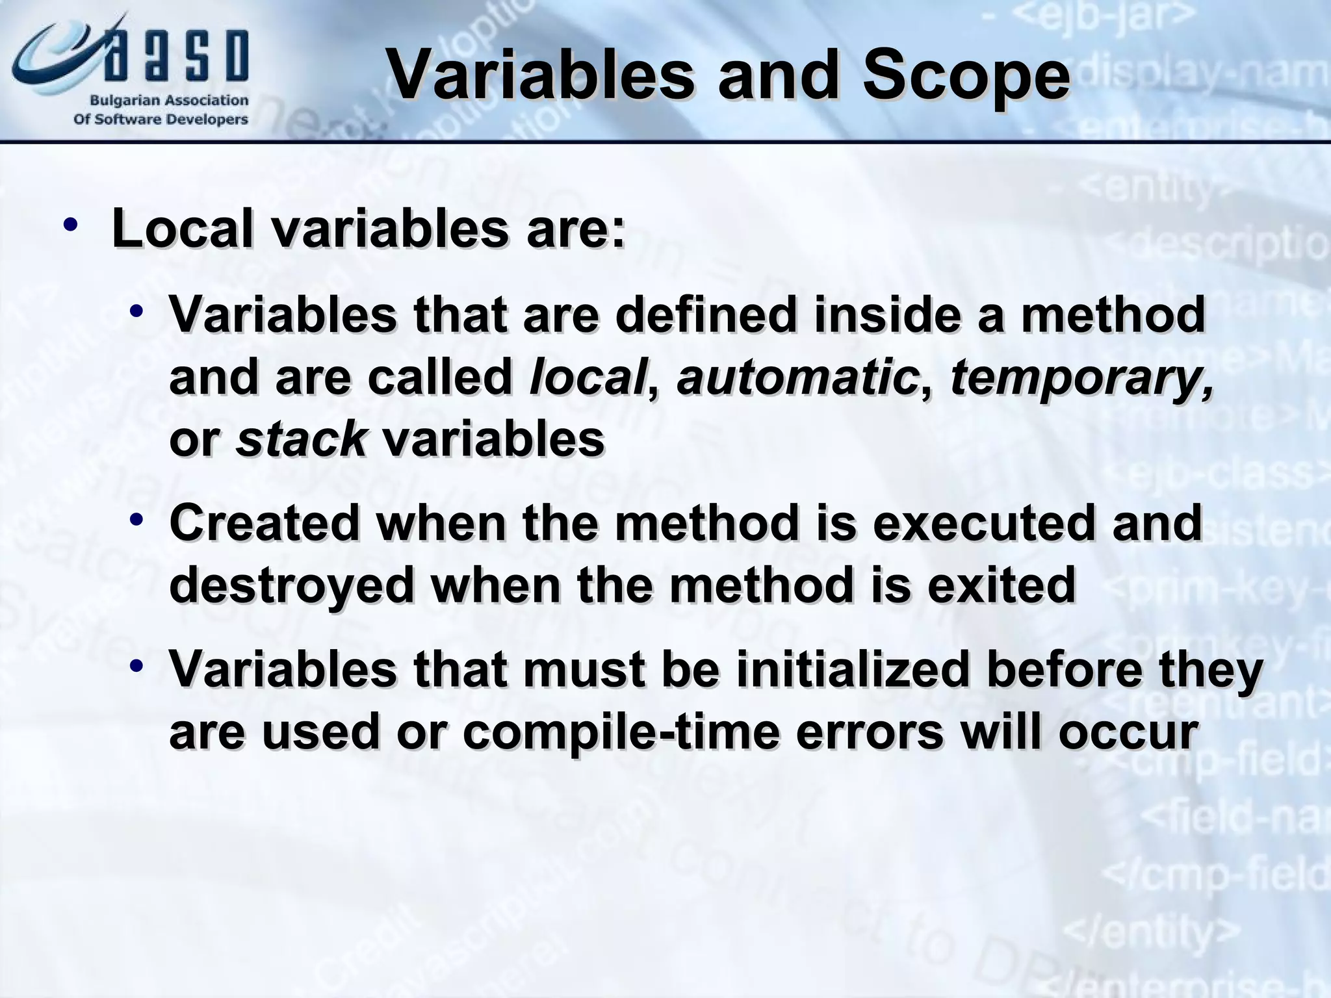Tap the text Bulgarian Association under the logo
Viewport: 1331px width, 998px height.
[168, 101]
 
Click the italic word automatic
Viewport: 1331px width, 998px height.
[797, 377]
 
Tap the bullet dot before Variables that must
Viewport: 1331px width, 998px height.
[135, 667]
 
